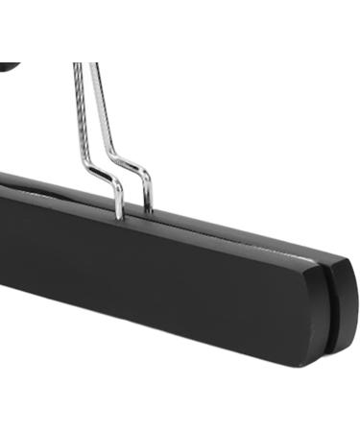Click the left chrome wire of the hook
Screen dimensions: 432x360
point(79,115)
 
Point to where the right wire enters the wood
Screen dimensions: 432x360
point(149,207)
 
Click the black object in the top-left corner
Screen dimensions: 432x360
point(8,66)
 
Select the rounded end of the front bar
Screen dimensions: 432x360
point(312,317)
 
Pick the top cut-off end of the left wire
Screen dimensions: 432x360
point(77,65)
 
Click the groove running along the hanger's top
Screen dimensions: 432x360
point(240,240)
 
